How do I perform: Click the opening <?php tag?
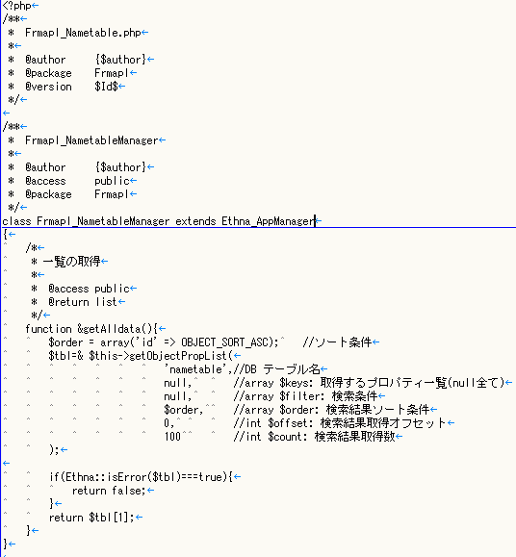16,6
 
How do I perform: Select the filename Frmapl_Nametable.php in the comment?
83,33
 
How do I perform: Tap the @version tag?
48,87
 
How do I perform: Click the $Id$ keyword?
106,87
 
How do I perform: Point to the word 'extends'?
195,221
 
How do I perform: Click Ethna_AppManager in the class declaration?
268,221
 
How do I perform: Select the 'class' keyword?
16,221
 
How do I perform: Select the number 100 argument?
172,437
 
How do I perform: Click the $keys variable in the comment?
294,383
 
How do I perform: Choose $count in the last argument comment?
285,437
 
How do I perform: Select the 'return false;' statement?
109,491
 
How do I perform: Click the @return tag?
68,302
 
